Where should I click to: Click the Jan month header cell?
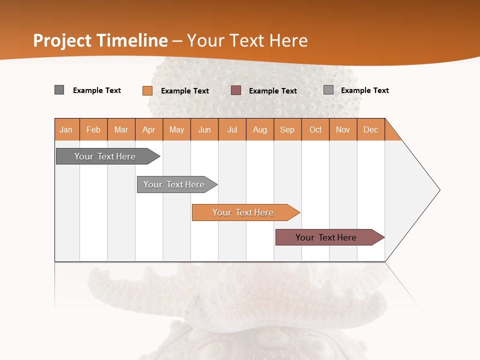click(x=66, y=129)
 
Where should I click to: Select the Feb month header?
click(x=93, y=129)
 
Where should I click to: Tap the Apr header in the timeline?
click(x=149, y=129)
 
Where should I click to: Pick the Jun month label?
click(x=204, y=129)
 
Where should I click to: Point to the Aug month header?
click(x=260, y=129)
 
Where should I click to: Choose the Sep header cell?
click(x=287, y=129)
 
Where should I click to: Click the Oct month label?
click(x=315, y=129)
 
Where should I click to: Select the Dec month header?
click(x=371, y=129)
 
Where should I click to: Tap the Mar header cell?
click(x=121, y=129)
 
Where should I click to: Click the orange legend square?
click(x=147, y=90)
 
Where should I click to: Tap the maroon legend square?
click(x=236, y=90)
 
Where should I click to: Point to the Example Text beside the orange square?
click(x=185, y=91)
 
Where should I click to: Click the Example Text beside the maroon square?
click(x=273, y=91)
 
